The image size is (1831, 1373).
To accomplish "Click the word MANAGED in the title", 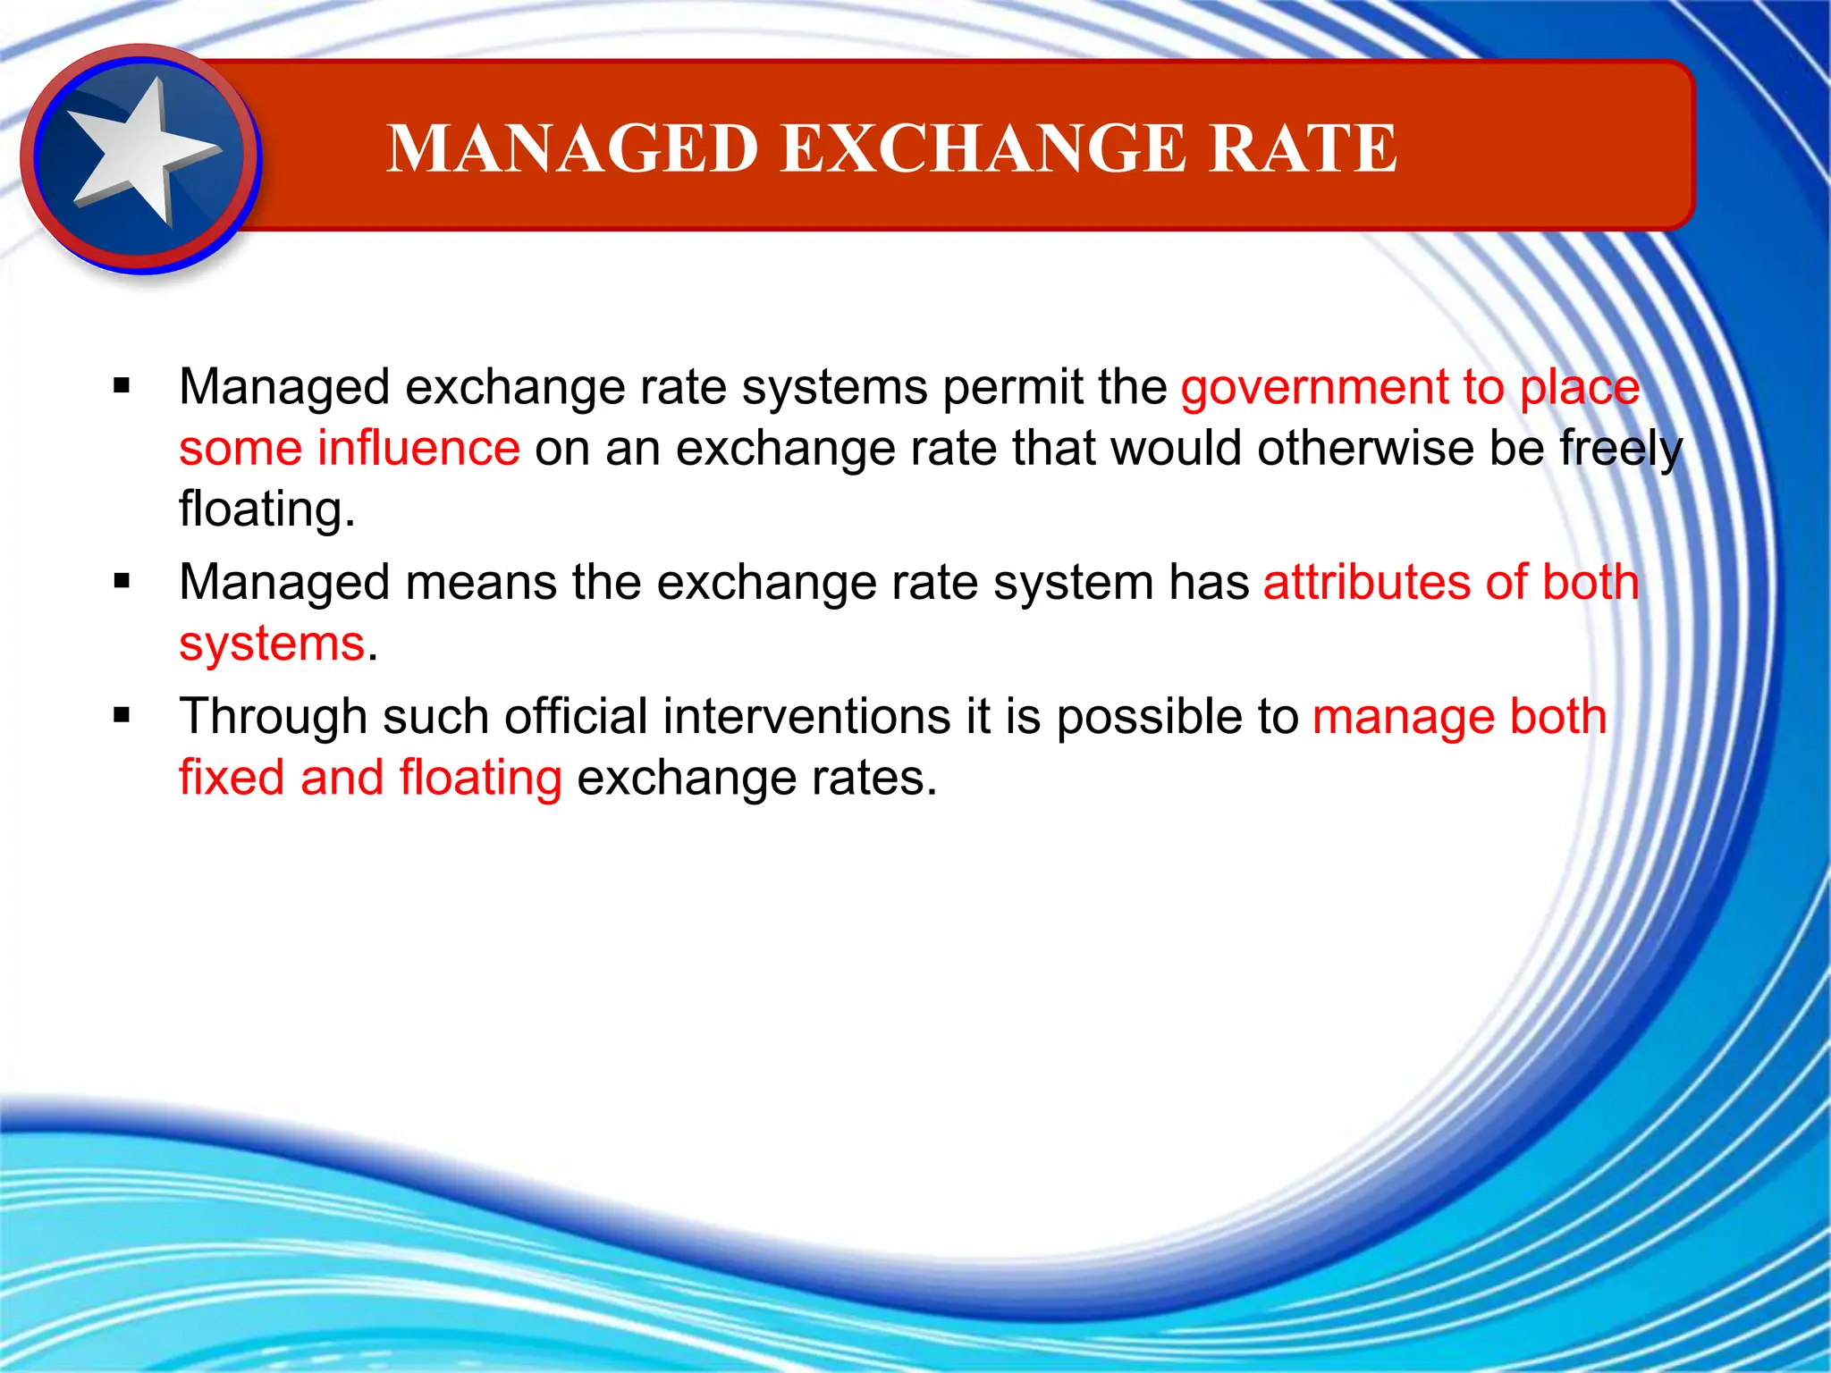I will (573, 148).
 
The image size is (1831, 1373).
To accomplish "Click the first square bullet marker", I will (122, 387).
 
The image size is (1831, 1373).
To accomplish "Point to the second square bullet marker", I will (122, 583).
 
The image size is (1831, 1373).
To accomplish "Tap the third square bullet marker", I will (122, 716).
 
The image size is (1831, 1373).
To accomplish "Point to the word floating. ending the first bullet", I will (266, 510).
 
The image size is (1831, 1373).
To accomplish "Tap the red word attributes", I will (1366, 583).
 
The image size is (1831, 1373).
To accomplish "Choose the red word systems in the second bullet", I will (272, 644).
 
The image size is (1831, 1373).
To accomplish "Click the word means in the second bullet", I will (481, 583).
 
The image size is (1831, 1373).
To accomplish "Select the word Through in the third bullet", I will (273, 718).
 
